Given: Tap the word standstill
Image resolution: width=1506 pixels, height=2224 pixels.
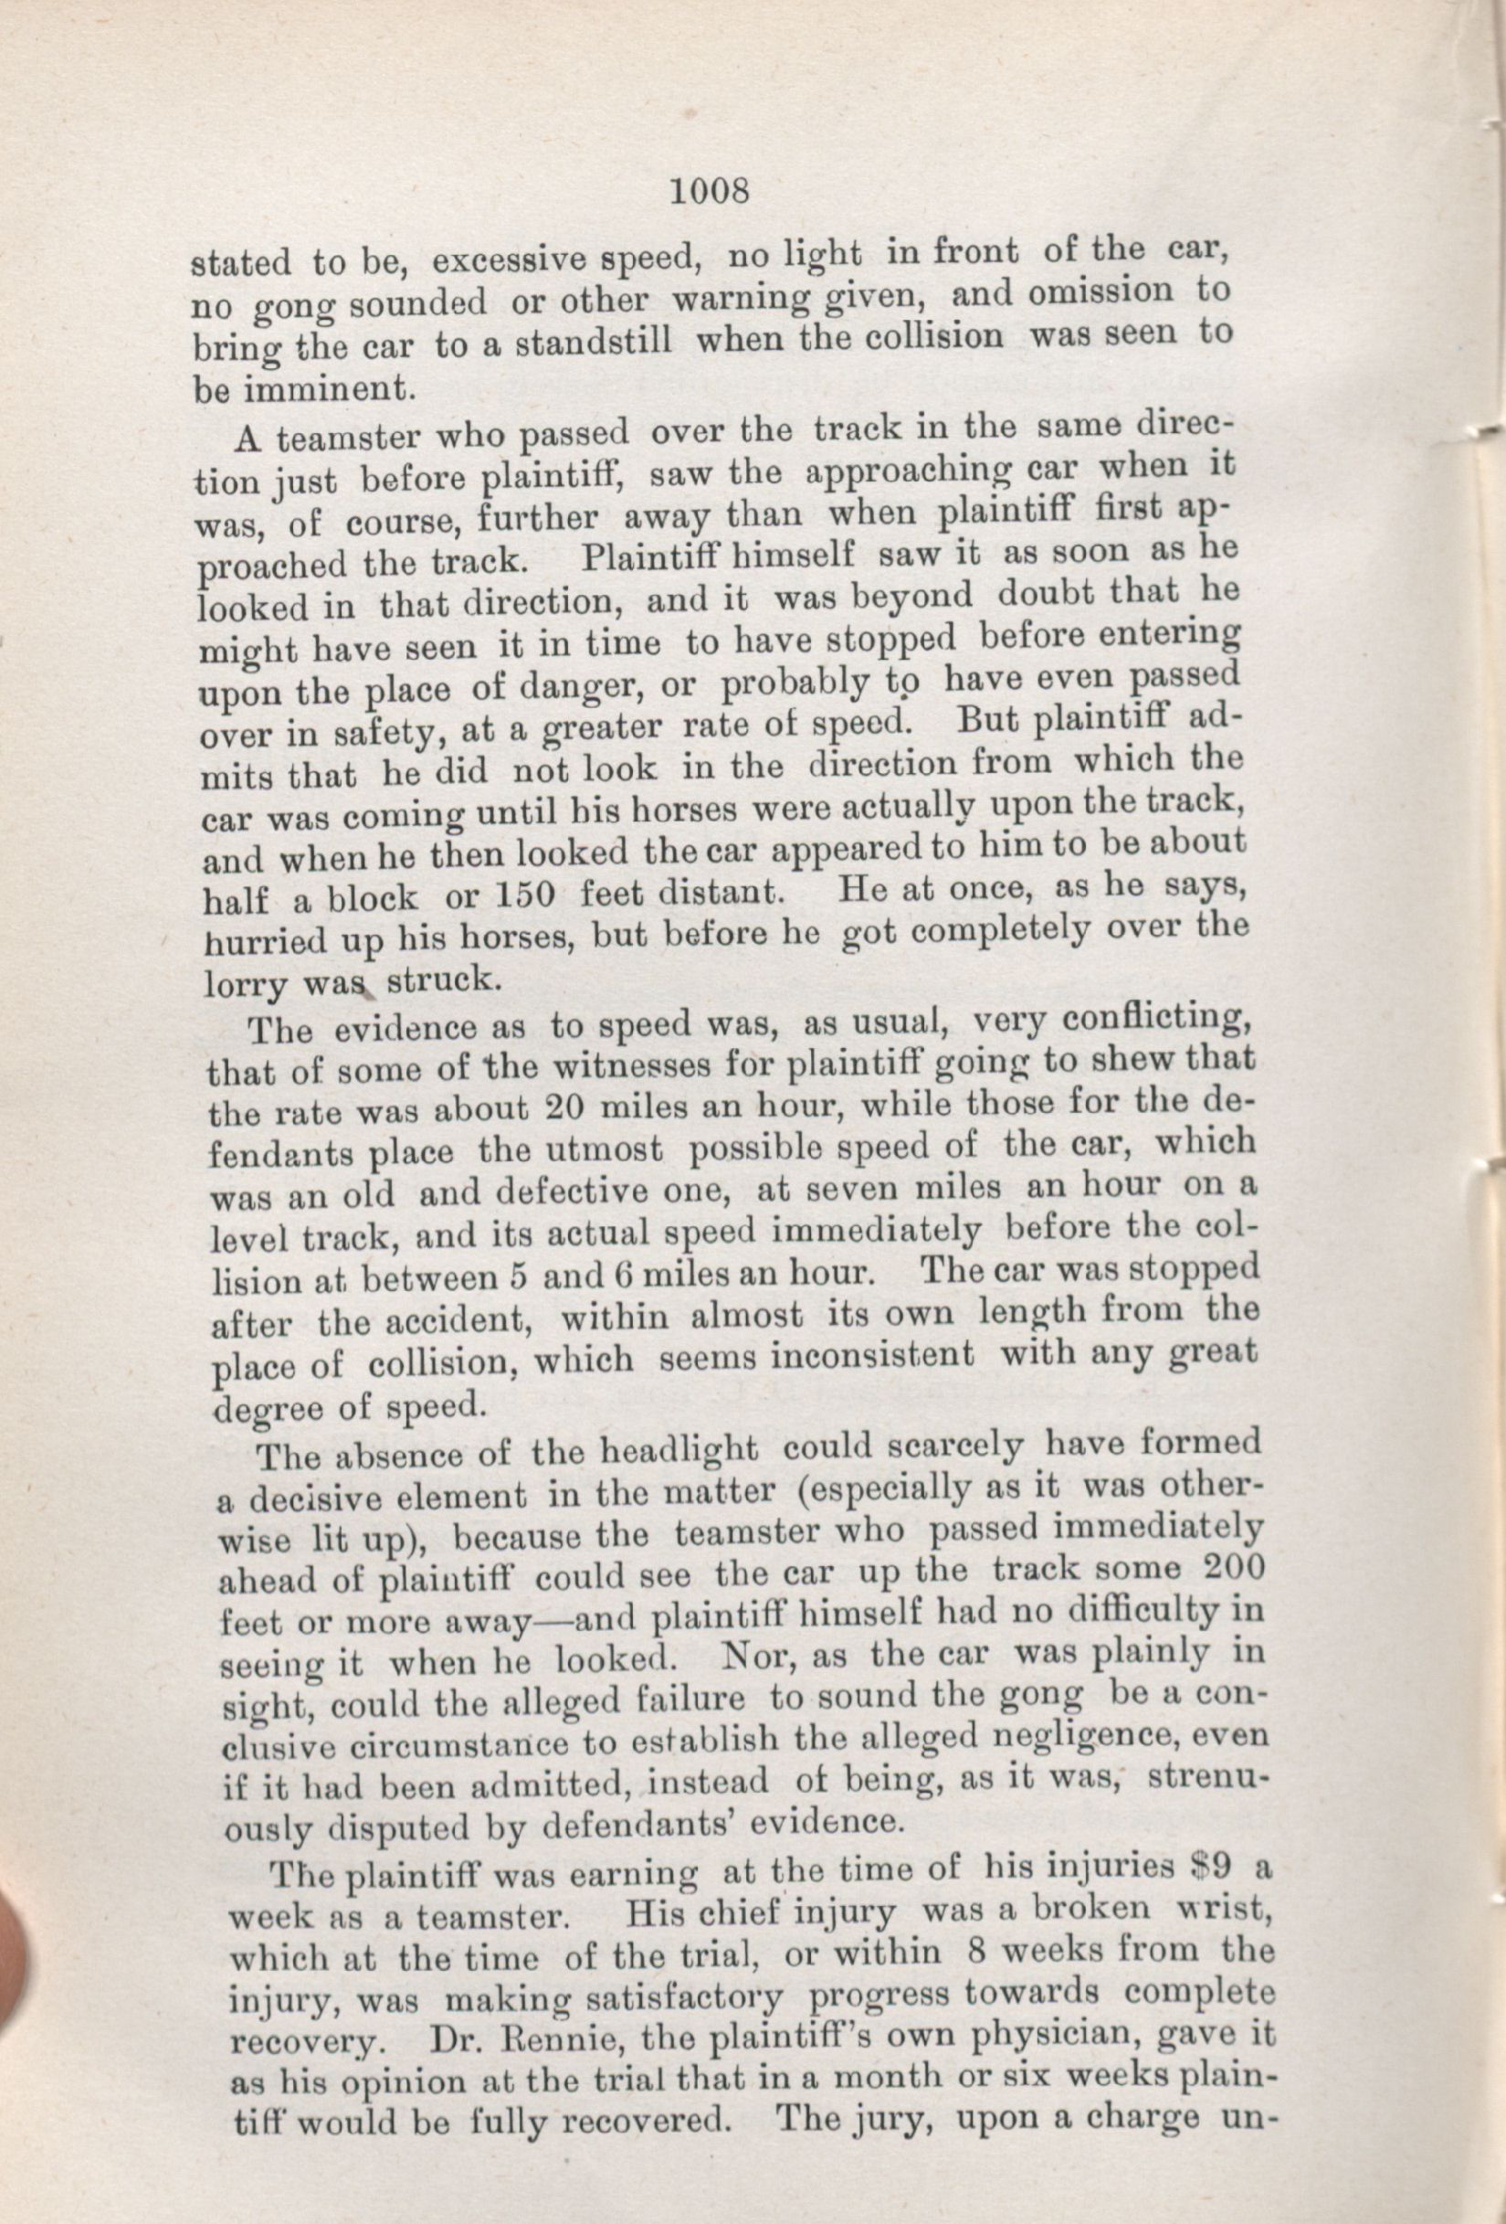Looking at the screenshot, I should click(594, 343).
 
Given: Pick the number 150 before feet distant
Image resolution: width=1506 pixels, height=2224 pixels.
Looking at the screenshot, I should click(521, 896).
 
